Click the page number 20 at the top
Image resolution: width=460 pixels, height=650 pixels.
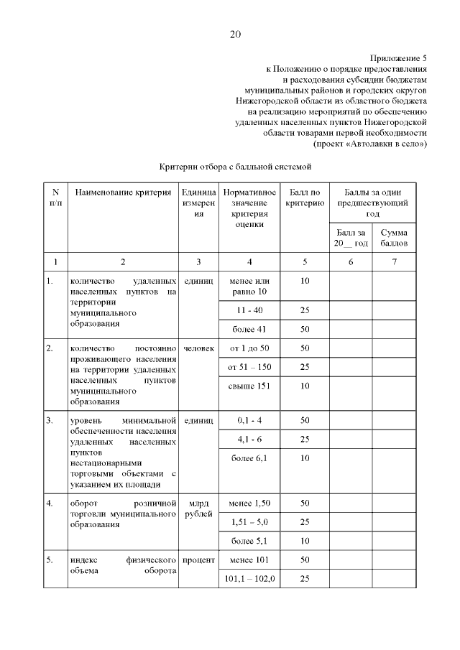pos(236,34)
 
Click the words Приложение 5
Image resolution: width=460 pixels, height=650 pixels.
pos(398,56)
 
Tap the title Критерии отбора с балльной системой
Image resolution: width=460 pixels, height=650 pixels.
pos(234,167)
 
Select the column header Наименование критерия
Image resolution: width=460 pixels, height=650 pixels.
pos(122,193)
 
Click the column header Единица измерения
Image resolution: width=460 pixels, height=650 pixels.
pos(198,203)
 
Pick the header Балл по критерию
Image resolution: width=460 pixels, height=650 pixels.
pos(304,198)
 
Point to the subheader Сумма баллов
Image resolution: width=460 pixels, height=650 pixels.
pos(394,238)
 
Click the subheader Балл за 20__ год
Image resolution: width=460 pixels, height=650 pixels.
pos(350,238)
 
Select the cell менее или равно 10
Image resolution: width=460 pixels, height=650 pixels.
pos(249,286)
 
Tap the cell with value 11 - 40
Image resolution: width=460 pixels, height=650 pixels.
pos(249,310)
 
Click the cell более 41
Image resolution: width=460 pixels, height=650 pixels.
pos(249,329)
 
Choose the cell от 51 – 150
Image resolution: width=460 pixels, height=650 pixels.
pos(249,367)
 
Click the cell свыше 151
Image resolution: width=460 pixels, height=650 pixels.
pos(249,386)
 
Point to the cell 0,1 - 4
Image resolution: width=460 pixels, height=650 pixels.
pos(249,419)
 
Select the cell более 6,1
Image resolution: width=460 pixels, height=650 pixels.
pos(249,458)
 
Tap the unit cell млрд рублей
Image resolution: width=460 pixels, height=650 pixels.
pos(198,509)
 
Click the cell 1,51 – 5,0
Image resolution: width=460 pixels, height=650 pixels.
pos(249,521)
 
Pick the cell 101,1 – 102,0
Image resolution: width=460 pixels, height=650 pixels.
pos(249,578)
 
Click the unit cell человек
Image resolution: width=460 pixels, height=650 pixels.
pos(198,348)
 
